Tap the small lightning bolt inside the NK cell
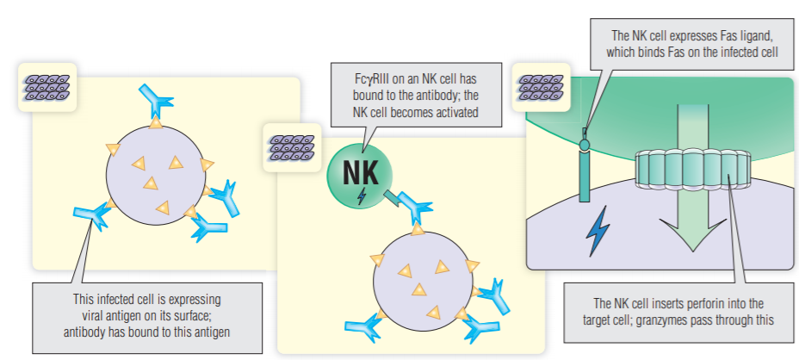(x=361, y=196)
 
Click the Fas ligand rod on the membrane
(x=585, y=172)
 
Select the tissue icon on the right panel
(x=538, y=86)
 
